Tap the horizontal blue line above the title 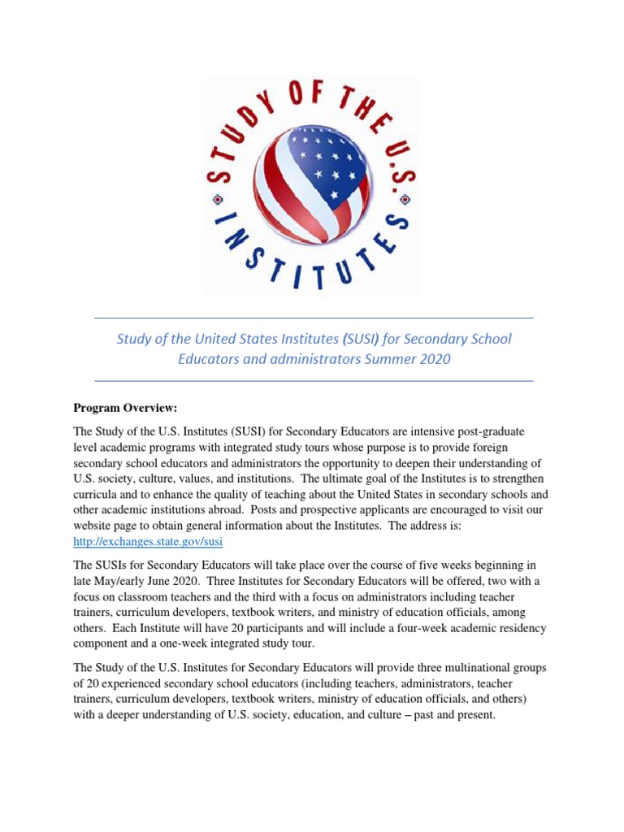point(314,317)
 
